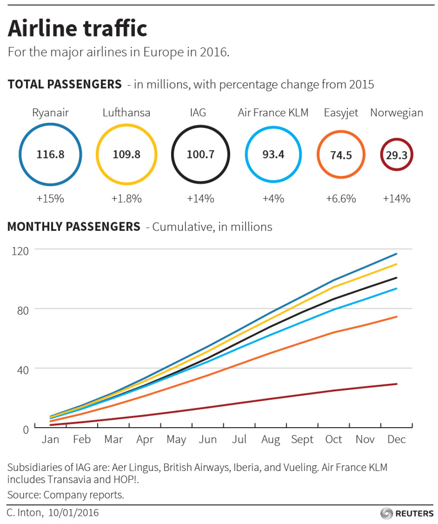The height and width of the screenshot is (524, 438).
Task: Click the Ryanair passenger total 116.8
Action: click(x=50, y=154)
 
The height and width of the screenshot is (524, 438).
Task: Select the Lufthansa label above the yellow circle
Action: click(x=126, y=113)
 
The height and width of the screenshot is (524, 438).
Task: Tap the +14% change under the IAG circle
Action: click(x=200, y=199)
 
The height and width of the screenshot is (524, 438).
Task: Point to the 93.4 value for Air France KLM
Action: click(x=273, y=154)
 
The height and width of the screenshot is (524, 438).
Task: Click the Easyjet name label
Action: click(x=341, y=113)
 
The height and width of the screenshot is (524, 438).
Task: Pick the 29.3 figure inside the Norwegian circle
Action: click(x=397, y=155)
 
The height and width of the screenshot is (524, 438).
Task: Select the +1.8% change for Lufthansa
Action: click(x=126, y=199)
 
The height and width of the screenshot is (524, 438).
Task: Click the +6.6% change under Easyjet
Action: click(x=341, y=199)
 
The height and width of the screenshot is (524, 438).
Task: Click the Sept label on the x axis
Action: click(x=302, y=440)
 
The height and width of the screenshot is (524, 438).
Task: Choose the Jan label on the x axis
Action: click(x=50, y=440)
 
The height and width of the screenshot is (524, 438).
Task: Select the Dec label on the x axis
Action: click(x=396, y=440)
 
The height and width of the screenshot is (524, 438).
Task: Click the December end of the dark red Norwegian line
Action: click(x=397, y=384)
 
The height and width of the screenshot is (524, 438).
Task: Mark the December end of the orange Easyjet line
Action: click(x=397, y=317)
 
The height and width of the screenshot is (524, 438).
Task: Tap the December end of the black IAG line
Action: click(x=397, y=278)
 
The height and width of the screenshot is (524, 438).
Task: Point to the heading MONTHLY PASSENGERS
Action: click(x=74, y=226)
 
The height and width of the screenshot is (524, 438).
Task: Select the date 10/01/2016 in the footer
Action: click(x=73, y=512)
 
